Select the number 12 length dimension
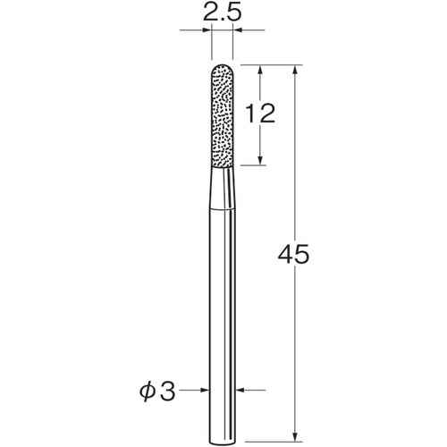[x=260, y=114]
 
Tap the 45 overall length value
[x=293, y=255]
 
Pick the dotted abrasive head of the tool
[x=223, y=115]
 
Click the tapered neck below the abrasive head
[x=223, y=188]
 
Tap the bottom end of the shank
[x=223, y=444]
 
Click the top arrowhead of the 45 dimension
[x=295, y=69]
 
